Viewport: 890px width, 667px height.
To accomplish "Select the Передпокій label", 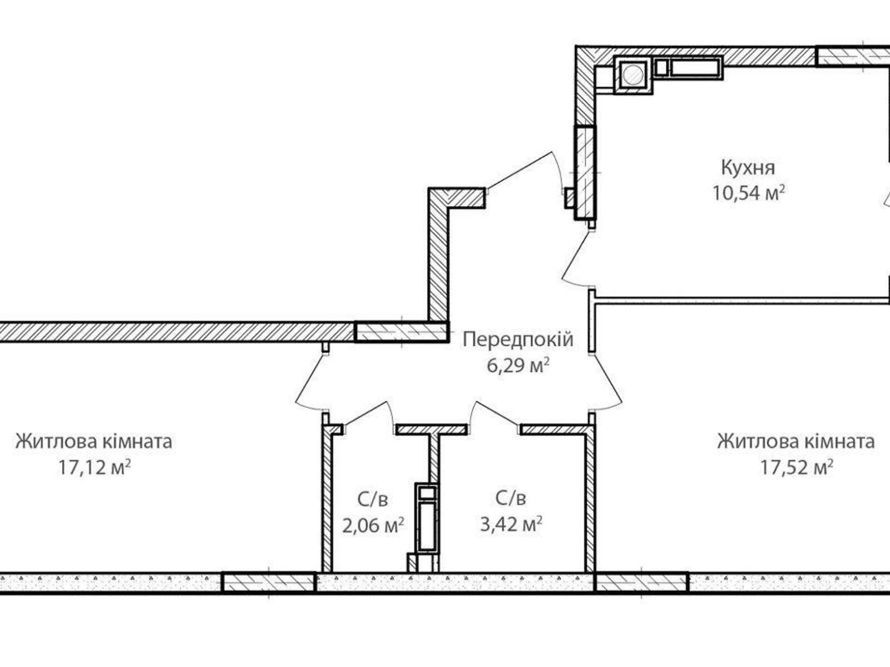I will tap(517, 339).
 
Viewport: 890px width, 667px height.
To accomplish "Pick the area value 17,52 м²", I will tap(796, 467).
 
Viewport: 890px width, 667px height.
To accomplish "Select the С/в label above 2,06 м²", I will tap(372, 499).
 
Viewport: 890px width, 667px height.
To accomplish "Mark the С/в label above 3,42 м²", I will tap(511, 499).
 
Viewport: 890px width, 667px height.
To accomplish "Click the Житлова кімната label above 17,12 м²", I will tap(93, 442).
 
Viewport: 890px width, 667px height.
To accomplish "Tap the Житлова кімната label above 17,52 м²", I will tap(795, 442).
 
